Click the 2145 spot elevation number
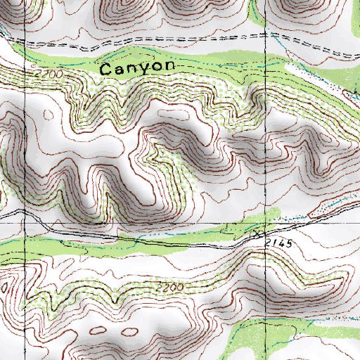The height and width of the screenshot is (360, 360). coord(279,242)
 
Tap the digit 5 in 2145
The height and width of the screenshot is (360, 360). coord(288,242)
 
